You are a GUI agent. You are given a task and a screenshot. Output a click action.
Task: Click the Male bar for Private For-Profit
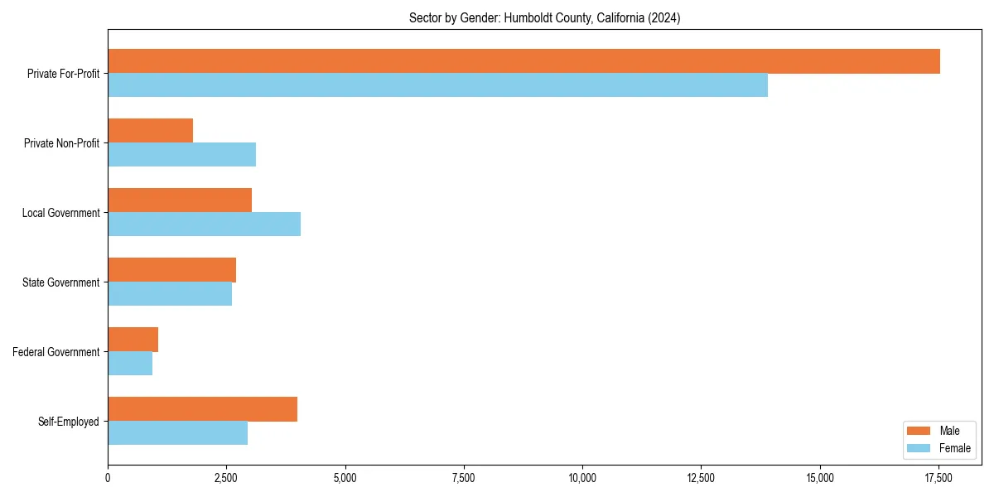(x=524, y=61)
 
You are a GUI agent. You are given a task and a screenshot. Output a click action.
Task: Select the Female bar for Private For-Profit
(x=437, y=85)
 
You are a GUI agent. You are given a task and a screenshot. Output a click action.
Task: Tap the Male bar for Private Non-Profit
(x=150, y=131)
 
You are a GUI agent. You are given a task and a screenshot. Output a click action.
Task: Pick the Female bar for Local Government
(x=204, y=224)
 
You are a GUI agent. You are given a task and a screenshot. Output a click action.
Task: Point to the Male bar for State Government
(x=171, y=270)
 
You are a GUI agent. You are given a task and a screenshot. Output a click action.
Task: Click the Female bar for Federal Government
(x=130, y=364)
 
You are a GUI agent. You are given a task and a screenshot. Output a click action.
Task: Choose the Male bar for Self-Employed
(x=202, y=409)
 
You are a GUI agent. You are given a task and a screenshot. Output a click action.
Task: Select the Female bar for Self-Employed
(x=177, y=433)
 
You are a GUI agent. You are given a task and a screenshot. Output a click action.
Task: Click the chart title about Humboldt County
(x=544, y=18)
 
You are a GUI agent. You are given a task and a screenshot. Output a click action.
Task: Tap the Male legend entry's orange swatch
(x=919, y=431)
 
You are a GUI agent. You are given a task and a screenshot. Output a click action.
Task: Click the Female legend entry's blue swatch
(x=919, y=448)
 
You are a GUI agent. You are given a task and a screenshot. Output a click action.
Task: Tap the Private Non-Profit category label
(x=61, y=143)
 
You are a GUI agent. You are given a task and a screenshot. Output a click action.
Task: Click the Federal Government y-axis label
(x=56, y=352)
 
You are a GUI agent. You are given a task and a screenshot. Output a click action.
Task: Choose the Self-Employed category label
(x=69, y=422)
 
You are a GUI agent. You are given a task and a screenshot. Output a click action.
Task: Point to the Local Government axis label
(x=60, y=213)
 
